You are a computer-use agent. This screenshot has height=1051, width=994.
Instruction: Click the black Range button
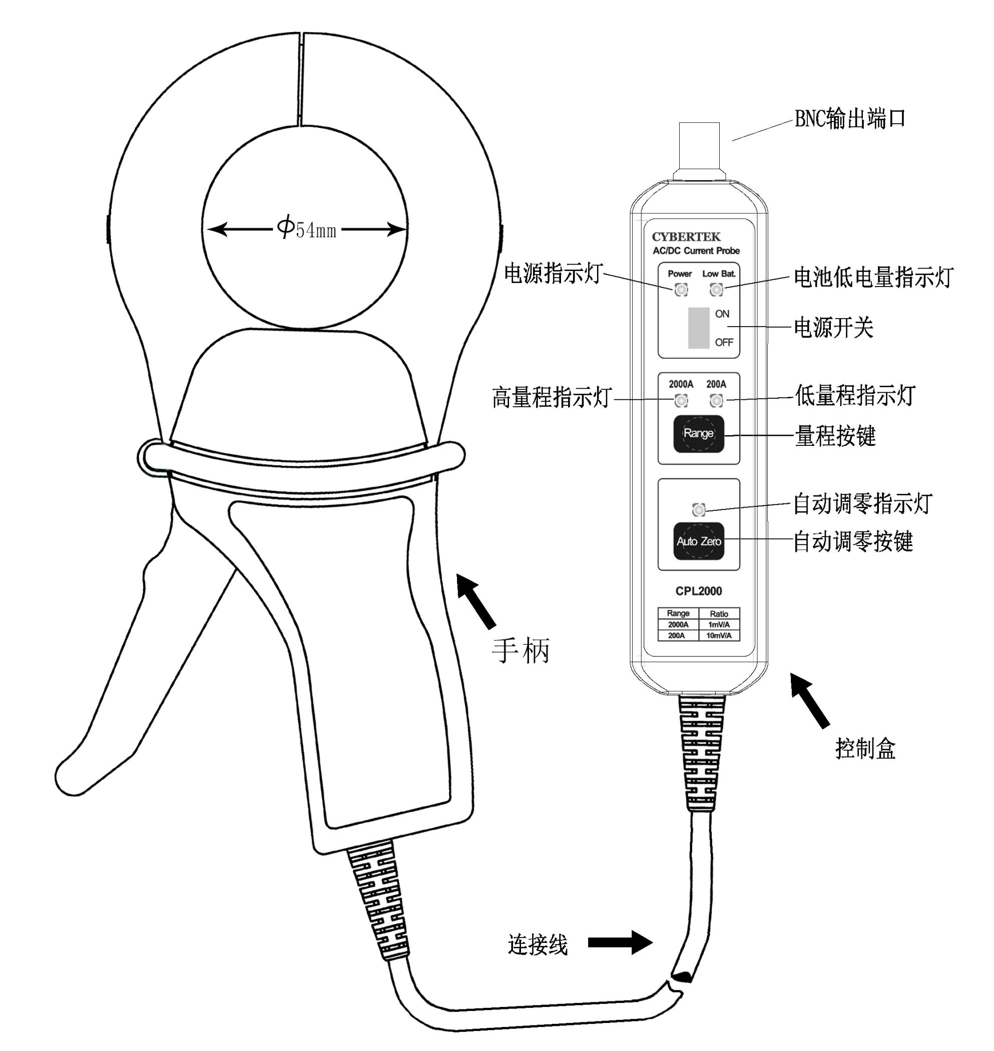(x=698, y=433)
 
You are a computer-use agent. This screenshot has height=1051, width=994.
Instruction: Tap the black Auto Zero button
(x=698, y=541)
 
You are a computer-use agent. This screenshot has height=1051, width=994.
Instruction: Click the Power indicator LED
(x=681, y=290)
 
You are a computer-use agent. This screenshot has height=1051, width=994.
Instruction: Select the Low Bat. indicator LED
(x=716, y=290)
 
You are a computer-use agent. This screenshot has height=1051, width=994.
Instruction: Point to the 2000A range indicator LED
(x=681, y=400)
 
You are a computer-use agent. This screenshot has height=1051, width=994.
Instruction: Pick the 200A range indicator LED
(x=716, y=400)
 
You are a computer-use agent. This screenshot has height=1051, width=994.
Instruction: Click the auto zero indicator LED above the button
(x=699, y=509)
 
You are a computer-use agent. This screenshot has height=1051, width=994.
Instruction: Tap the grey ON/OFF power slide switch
(x=698, y=328)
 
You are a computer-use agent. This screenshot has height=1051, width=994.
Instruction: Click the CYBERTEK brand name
(x=686, y=236)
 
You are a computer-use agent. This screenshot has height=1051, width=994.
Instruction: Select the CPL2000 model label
(x=698, y=591)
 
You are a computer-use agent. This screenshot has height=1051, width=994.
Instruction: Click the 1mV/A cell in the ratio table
(x=719, y=625)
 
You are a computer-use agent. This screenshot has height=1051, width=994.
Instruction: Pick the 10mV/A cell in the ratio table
(x=719, y=635)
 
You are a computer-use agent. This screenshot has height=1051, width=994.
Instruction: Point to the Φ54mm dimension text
(x=307, y=229)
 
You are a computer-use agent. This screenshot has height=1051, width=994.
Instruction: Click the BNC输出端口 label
(x=849, y=119)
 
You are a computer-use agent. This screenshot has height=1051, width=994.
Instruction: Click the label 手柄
(x=521, y=650)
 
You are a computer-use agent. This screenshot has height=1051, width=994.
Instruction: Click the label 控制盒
(x=865, y=748)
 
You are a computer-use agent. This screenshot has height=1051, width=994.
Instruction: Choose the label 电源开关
(x=833, y=328)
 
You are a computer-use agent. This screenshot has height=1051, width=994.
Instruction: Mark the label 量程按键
(x=835, y=436)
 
